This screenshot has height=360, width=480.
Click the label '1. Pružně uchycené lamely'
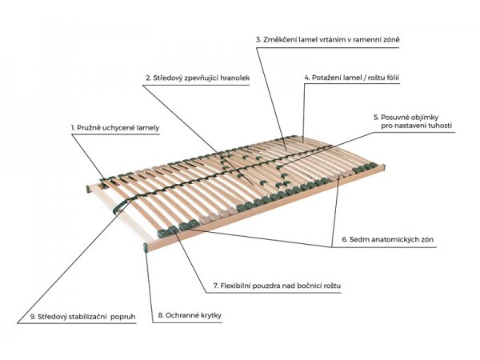point(115,128)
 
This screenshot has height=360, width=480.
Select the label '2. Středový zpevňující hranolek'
point(198,78)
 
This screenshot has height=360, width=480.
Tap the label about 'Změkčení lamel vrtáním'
point(328,39)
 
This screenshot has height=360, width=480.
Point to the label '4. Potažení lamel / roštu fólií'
point(352,78)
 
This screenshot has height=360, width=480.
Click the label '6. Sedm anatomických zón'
point(388,239)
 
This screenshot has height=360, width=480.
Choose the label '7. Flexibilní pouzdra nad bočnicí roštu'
point(277,286)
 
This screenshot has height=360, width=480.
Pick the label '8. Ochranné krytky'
point(190,315)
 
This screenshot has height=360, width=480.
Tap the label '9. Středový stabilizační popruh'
point(82,317)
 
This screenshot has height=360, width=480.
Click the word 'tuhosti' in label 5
point(440,126)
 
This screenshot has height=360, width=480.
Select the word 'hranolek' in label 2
point(235,78)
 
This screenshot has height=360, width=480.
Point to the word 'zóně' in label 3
point(391,39)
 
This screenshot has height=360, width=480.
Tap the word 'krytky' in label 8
point(211,316)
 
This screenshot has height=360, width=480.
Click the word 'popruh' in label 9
point(122,318)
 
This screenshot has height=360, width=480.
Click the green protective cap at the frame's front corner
point(146,247)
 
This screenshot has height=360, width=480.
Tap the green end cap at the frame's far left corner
point(88,189)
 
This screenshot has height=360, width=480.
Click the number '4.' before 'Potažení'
point(307,78)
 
